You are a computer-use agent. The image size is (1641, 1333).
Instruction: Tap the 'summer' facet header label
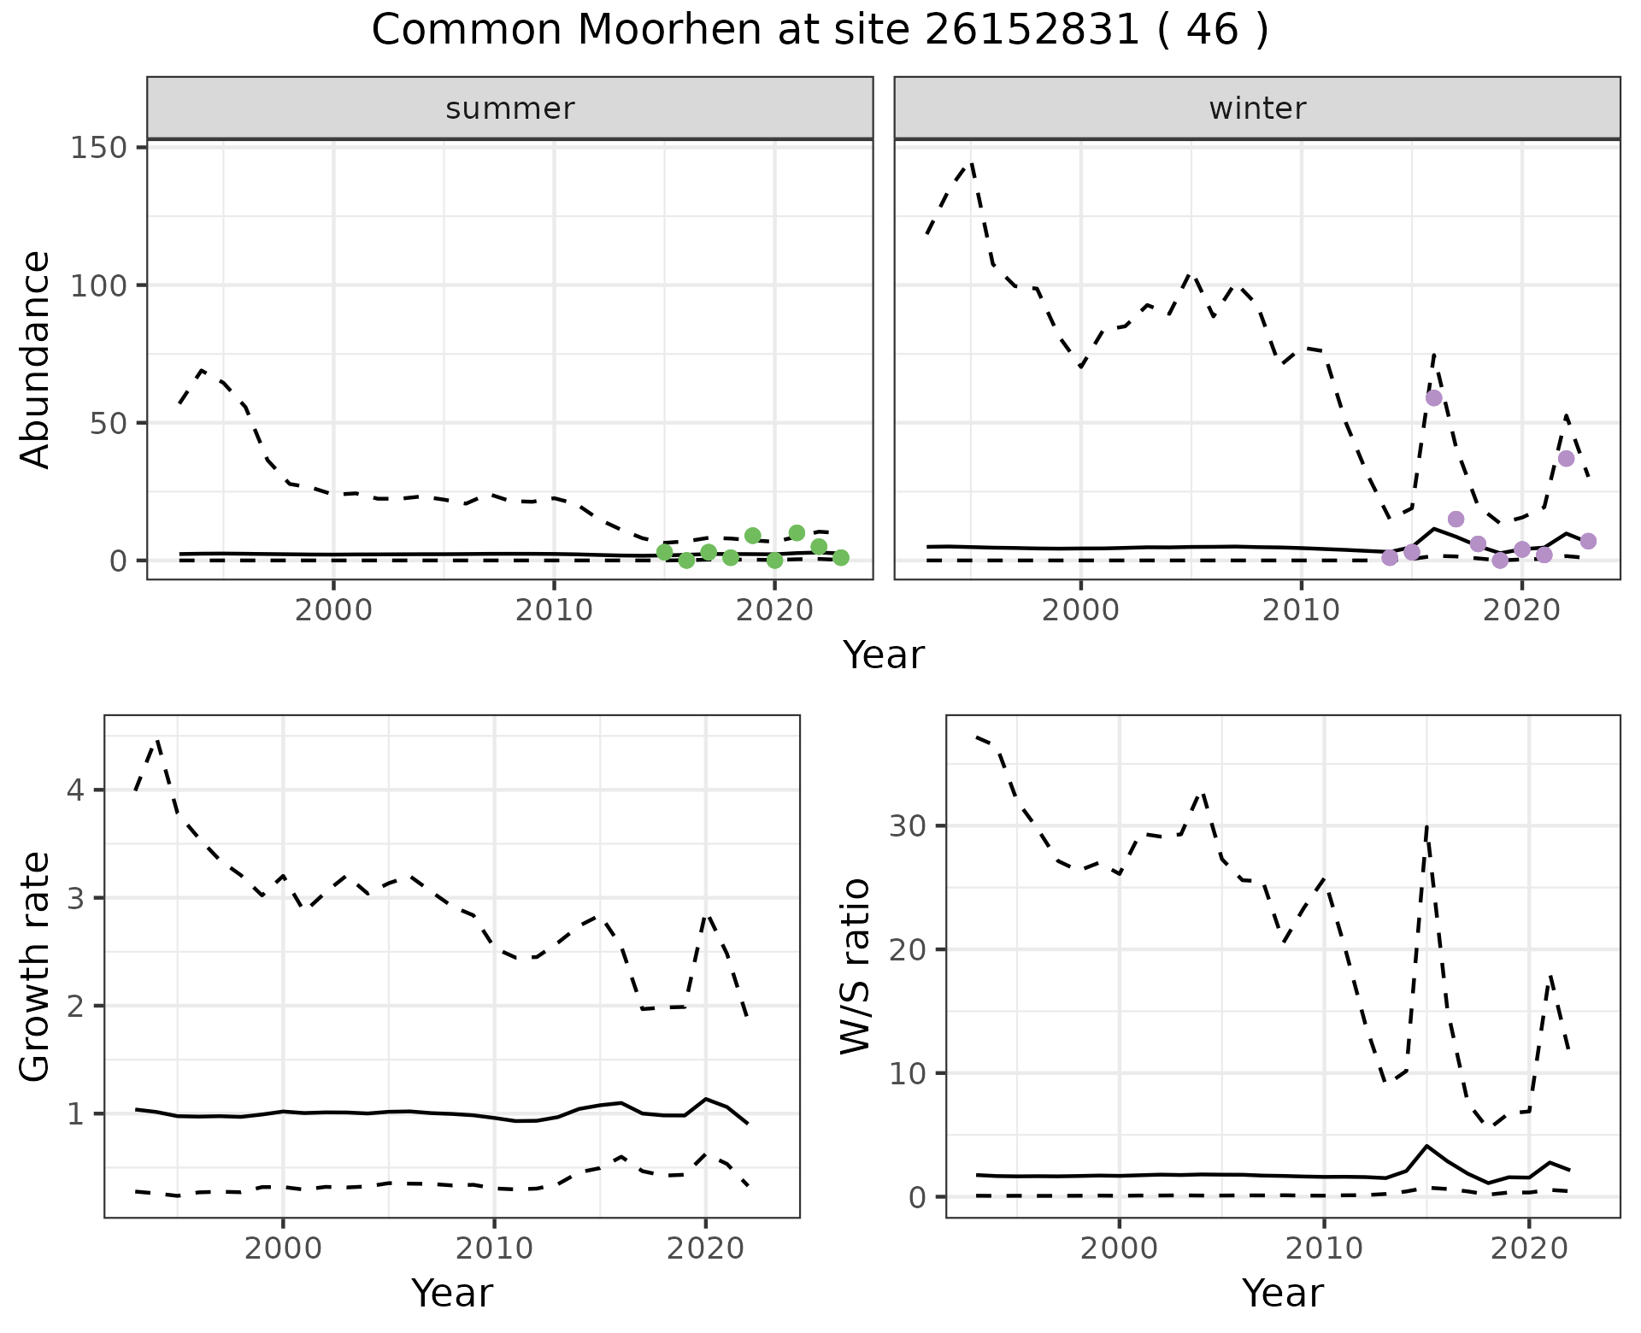coord(509,109)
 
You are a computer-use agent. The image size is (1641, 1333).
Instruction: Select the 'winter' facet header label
coord(1256,109)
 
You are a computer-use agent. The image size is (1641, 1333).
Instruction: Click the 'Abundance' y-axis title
coord(36,359)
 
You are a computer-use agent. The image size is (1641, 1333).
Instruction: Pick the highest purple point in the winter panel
coord(1433,398)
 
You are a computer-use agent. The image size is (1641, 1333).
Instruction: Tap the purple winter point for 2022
coord(1566,459)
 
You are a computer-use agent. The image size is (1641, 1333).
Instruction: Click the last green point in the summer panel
coord(840,558)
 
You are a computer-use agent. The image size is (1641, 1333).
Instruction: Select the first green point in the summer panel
coord(664,552)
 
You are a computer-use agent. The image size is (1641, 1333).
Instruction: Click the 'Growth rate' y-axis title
coord(36,967)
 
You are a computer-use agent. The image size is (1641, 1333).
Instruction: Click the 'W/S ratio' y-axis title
coord(856,966)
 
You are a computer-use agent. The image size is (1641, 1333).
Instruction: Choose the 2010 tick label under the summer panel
coord(553,611)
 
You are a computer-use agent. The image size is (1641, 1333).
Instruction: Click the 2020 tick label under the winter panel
coord(1520,611)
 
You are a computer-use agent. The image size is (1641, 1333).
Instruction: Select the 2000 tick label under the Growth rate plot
coord(283,1248)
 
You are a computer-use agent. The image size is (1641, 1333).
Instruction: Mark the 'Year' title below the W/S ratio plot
coord(1282,1293)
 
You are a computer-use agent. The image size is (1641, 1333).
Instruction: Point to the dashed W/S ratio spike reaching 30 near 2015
coord(1426,827)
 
